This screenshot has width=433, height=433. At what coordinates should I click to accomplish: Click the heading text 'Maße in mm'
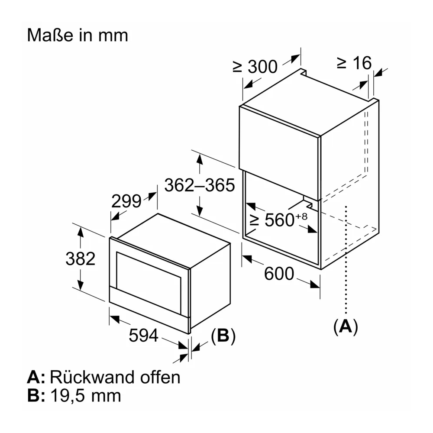click(78, 36)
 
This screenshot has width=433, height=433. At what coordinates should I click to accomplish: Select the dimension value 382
click(81, 259)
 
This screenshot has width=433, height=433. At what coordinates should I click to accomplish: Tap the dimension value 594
click(144, 336)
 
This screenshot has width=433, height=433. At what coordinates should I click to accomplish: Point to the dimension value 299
click(126, 201)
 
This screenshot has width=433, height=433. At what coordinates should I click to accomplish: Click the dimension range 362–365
click(200, 185)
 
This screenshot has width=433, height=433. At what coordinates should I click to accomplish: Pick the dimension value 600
click(279, 274)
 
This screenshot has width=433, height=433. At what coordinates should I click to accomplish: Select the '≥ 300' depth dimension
click(255, 67)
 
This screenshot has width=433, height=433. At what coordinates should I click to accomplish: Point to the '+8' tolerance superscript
click(301, 216)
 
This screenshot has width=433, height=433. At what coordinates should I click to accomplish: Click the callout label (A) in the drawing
click(346, 326)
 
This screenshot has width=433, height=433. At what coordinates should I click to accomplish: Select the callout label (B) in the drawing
click(223, 336)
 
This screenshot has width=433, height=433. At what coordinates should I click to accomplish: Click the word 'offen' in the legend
click(160, 377)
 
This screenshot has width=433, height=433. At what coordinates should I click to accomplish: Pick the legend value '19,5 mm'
click(86, 396)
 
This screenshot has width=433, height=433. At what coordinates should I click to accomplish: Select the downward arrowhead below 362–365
click(200, 211)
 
